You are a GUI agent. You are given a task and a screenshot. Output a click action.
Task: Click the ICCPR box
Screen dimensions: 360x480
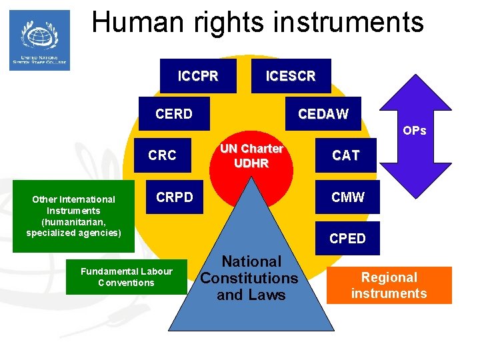[198, 76]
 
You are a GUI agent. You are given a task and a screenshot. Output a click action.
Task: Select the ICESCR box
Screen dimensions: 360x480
[290, 76]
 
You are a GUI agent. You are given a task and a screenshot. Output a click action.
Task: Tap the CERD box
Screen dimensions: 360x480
[173, 114]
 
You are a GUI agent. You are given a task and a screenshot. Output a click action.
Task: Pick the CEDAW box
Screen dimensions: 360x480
[323, 114]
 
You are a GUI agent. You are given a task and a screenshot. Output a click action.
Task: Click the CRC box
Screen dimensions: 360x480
[163, 155]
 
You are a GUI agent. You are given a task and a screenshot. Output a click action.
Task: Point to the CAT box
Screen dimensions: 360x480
[346, 155]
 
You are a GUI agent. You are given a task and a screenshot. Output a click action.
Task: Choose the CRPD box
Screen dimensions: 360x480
[175, 197]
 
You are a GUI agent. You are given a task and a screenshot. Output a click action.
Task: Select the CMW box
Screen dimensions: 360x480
[347, 197]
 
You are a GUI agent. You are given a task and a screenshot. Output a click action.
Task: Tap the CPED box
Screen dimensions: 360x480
[347, 238]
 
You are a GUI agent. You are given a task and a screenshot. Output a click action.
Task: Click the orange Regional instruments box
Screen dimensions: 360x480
[389, 285]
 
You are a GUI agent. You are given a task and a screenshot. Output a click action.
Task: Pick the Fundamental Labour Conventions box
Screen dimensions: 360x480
[126, 277]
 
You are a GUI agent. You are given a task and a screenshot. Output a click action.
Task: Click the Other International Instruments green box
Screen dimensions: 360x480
[73, 215]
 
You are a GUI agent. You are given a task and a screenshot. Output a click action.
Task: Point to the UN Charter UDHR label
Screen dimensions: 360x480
[252, 156]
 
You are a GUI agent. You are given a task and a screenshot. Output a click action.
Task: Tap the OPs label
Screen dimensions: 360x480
[414, 131]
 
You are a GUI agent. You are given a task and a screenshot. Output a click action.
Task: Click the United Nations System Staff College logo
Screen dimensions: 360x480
[39, 40]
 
